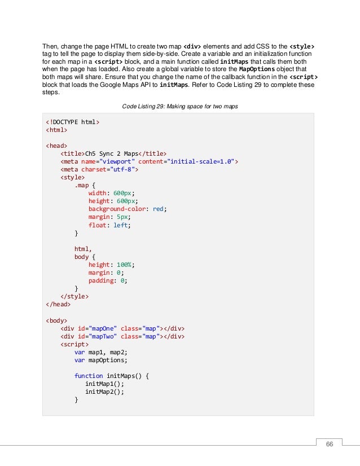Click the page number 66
(330, 443)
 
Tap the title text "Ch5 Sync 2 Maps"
(110, 152)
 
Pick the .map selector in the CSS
(82, 184)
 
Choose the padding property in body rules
(102, 280)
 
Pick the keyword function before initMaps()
(89, 376)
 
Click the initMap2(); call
(104, 392)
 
